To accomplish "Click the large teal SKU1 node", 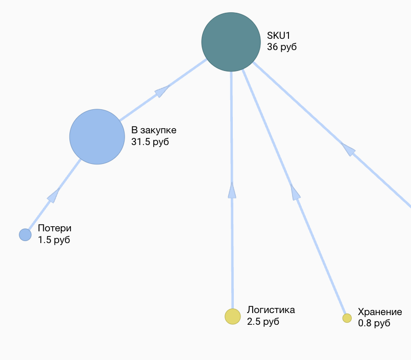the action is (231, 42).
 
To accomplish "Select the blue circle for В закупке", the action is (97, 137).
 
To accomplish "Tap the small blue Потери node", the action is (25, 235).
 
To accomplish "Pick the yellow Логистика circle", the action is (233, 317).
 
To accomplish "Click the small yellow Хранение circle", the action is (347, 318).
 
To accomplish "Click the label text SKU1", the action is (278, 35).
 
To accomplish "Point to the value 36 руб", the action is (282, 47).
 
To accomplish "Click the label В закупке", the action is (154, 130).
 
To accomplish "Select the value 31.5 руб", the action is (150, 142).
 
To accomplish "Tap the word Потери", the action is (55, 228).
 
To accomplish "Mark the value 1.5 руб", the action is (54, 240).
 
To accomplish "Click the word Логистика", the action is (271, 310).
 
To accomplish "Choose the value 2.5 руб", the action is (263, 322).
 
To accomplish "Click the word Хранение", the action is (380, 312).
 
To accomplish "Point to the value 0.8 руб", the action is (374, 323).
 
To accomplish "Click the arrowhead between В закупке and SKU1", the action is (162, 91).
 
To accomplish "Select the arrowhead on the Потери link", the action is (53, 196).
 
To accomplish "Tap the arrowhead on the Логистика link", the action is (232, 190).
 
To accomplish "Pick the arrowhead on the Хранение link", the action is (295, 192).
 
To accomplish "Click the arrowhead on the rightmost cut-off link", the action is (348, 150).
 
